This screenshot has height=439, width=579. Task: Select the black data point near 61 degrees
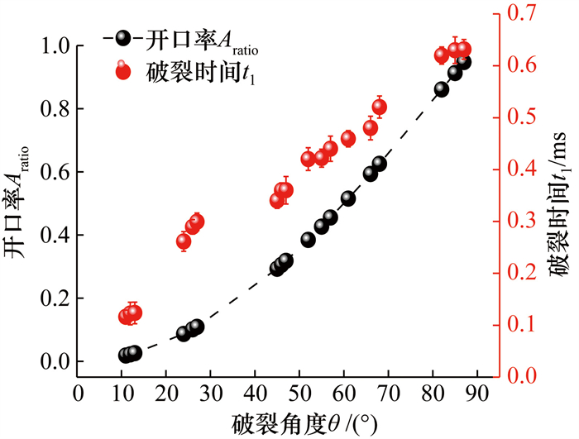tap(347, 198)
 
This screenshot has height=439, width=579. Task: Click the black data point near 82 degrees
tap(441, 89)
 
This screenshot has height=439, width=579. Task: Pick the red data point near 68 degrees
tap(380, 107)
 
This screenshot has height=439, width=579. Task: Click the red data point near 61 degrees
tap(347, 138)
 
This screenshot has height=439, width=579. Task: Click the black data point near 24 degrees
tap(184, 334)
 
